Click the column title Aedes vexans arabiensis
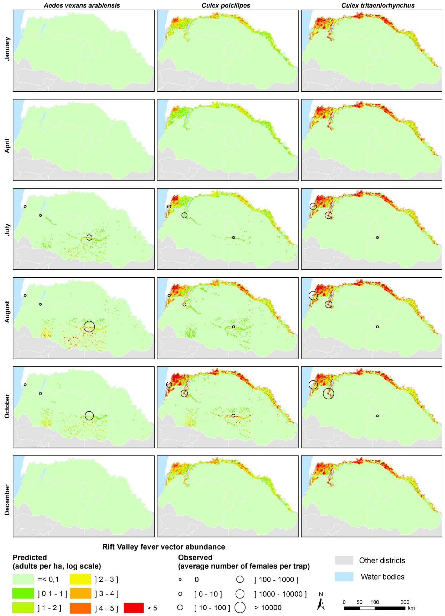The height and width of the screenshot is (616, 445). tap(82, 5)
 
